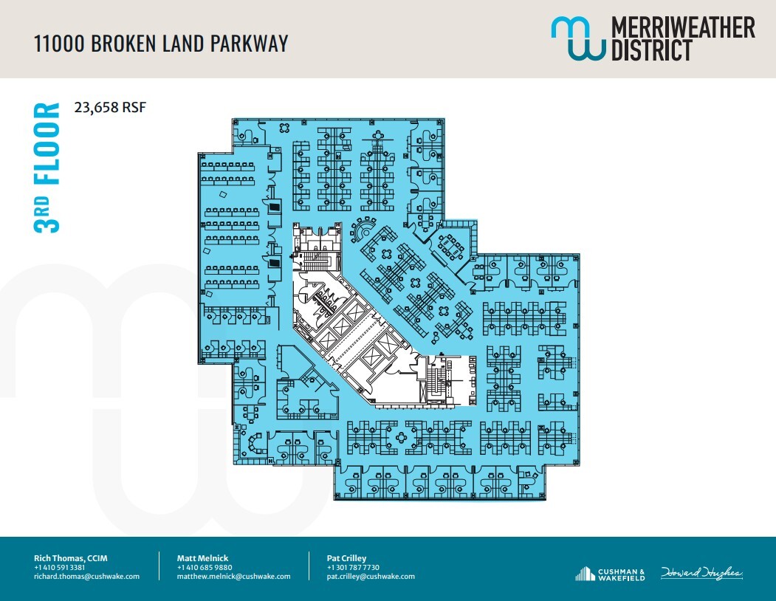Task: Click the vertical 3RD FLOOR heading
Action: pos(47,168)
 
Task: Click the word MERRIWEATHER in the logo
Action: pos(681,28)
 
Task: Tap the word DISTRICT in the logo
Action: pos(650,50)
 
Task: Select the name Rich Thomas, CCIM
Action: pos(71,558)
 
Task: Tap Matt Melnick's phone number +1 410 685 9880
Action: pos(205,567)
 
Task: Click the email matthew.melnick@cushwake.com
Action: pos(233,577)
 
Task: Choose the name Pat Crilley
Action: pos(346,558)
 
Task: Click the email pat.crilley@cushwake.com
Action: pos(370,577)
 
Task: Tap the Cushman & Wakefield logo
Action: pos(610,574)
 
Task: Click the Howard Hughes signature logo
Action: pos(701,573)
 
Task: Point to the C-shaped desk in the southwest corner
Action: pos(255,444)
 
